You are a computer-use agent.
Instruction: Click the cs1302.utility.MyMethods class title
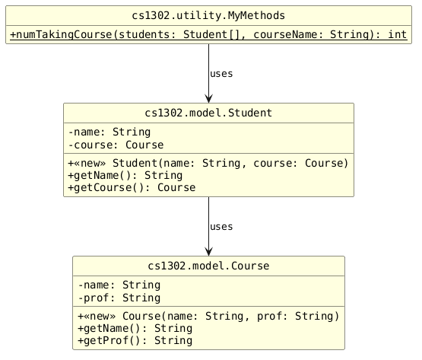click(x=208, y=16)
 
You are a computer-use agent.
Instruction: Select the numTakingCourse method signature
click(x=208, y=35)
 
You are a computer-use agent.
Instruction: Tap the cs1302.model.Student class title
click(x=208, y=113)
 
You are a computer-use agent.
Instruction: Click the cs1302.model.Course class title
click(x=208, y=266)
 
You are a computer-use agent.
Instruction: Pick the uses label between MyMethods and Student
click(x=221, y=74)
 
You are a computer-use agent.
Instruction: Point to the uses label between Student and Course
click(x=221, y=227)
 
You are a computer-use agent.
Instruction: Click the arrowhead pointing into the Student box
click(x=208, y=99)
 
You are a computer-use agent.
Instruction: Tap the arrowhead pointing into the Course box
click(x=208, y=252)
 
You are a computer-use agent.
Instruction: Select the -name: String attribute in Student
click(x=109, y=132)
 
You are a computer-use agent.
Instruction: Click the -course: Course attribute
click(x=116, y=145)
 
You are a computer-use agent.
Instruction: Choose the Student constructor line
click(x=208, y=164)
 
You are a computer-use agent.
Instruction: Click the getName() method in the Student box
click(x=125, y=175)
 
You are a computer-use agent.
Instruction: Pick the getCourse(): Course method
click(x=132, y=187)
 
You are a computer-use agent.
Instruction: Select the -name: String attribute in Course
click(x=119, y=285)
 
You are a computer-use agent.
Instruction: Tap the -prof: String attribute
click(x=119, y=298)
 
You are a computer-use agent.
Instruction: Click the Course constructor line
click(x=208, y=316)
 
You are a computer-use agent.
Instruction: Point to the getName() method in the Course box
click(x=135, y=329)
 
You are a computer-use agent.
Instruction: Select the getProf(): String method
click(x=135, y=341)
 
